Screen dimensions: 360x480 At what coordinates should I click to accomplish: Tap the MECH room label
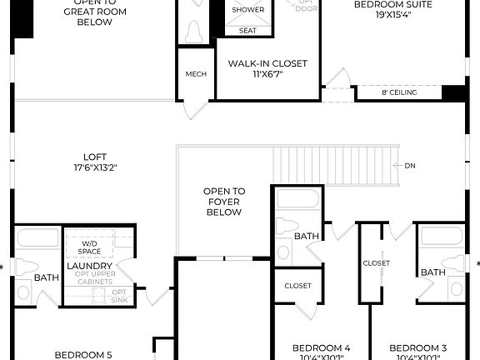(x=196, y=74)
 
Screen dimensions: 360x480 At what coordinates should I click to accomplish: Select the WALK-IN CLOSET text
(x=267, y=63)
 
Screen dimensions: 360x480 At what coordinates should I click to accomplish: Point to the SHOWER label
(x=247, y=10)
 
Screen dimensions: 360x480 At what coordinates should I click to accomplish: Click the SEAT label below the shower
(x=247, y=30)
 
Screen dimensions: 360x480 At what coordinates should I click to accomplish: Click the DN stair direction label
(x=409, y=166)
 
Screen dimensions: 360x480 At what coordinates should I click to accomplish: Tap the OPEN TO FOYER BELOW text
(x=223, y=202)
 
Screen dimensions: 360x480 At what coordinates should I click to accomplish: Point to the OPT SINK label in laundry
(x=119, y=296)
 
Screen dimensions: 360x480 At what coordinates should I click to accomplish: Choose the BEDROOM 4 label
(x=321, y=347)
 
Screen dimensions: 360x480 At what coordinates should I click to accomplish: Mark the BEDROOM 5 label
(x=82, y=354)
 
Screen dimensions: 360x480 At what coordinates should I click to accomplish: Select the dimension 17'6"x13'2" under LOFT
(x=94, y=167)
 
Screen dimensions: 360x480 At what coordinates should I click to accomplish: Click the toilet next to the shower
(x=194, y=32)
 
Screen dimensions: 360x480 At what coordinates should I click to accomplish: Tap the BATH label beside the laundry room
(x=47, y=277)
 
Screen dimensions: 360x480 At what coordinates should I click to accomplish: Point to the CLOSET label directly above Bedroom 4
(x=297, y=286)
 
